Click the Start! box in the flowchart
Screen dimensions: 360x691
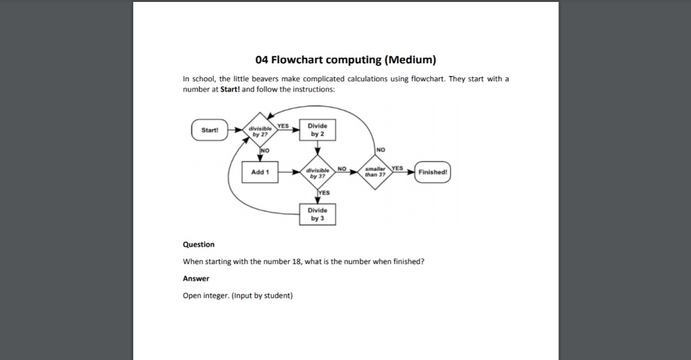click(210, 130)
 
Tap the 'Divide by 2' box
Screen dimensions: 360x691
click(317, 130)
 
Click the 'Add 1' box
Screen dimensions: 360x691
click(260, 172)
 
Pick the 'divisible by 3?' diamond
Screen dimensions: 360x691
click(317, 172)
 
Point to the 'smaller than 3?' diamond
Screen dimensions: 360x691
click(374, 172)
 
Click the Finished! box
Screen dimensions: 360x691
click(434, 172)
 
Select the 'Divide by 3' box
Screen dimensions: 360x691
click(317, 214)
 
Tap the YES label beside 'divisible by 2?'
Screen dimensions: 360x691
click(282, 125)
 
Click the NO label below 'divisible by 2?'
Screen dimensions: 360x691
click(266, 150)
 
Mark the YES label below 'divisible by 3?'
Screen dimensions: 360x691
click(323, 192)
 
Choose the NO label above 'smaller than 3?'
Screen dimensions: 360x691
click(381, 150)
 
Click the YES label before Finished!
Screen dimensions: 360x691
click(397, 168)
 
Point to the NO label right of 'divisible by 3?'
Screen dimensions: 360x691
click(342, 168)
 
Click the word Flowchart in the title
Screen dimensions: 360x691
click(296, 60)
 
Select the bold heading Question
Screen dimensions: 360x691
click(199, 244)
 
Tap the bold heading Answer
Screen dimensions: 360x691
click(196, 278)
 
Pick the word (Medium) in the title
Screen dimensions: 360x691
click(410, 60)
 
